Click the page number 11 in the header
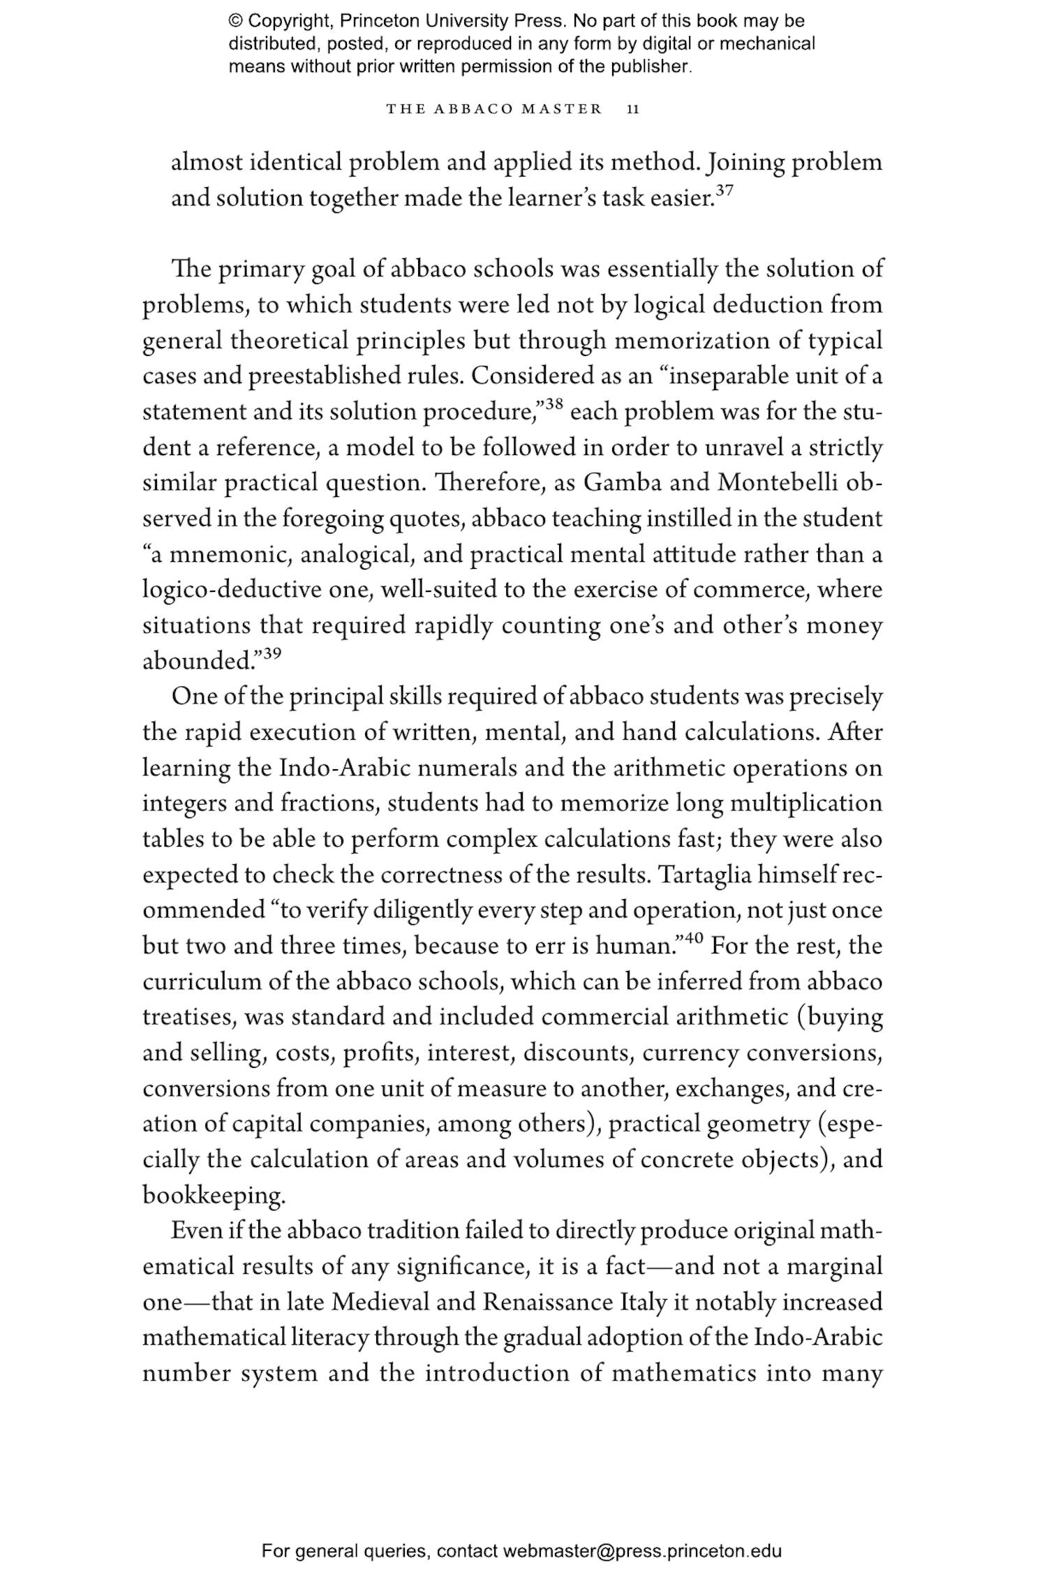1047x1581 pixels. click(x=633, y=110)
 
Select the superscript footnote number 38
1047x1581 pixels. click(x=554, y=404)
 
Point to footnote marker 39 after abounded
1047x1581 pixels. click(x=272, y=653)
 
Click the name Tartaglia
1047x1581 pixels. click(x=710, y=875)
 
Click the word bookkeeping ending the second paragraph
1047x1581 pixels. click(x=214, y=1196)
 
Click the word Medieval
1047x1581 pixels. click(x=381, y=1302)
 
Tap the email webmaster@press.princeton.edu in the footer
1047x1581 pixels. click(x=641, y=1551)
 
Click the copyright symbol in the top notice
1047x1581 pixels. click(x=235, y=21)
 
